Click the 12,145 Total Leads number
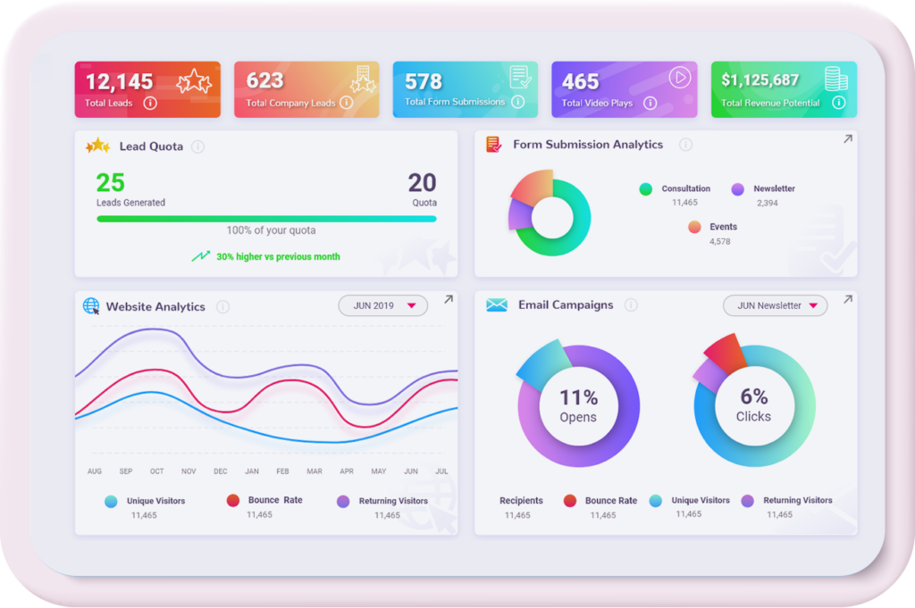coord(119,82)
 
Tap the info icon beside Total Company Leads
coord(346,103)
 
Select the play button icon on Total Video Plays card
coord(680,78)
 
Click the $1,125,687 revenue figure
coord(760,80)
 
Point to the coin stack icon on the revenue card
coord(835,79)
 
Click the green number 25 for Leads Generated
coord(111,183)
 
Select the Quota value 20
coord(422,183)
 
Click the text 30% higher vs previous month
coord(278,256)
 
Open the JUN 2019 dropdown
coord(382,305)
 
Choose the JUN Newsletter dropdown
coord(775,305)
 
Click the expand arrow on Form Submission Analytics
coord(847,139)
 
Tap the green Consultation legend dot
coord(645,189)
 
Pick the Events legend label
coord(723,227)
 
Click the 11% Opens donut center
coord(578,405)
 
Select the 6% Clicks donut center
coord(753,405)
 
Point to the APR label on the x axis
coord(347,471)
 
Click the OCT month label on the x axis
coord(157,471)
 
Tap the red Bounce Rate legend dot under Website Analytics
coord(232,501)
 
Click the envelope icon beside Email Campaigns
coord(497,305)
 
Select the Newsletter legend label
coord(774,189)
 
